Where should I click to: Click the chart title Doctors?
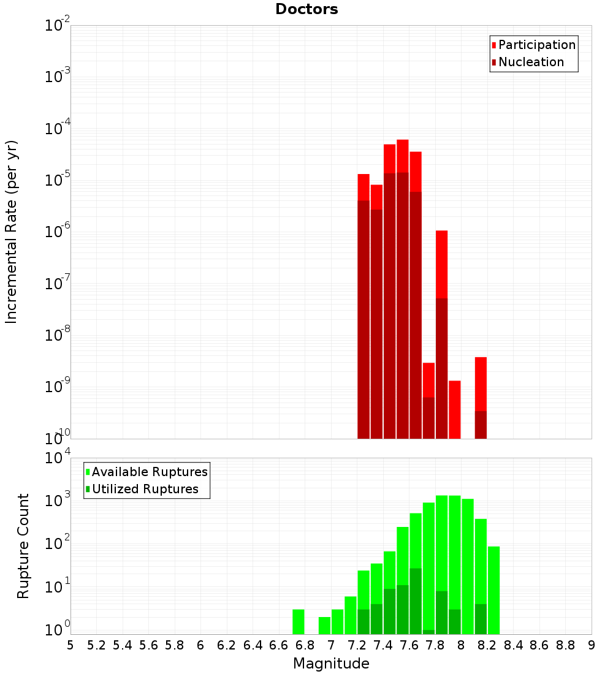coord(306,9)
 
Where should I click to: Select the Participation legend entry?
coord(536,45)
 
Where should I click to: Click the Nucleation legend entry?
coord(530,62)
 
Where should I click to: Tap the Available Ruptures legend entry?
coord(149,472)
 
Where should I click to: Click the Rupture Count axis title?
coord(23,546)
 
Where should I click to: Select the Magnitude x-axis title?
coord(331,664)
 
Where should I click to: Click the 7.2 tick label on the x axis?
coord(357,645)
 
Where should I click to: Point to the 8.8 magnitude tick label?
coord(565,645)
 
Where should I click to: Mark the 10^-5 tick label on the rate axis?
coord(57,180)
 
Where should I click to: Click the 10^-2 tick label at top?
coord(57,26)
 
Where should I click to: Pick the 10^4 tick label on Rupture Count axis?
coord(57,458)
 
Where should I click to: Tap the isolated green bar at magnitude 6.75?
coord(299,621)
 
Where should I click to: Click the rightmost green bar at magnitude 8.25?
coord(494,588)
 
